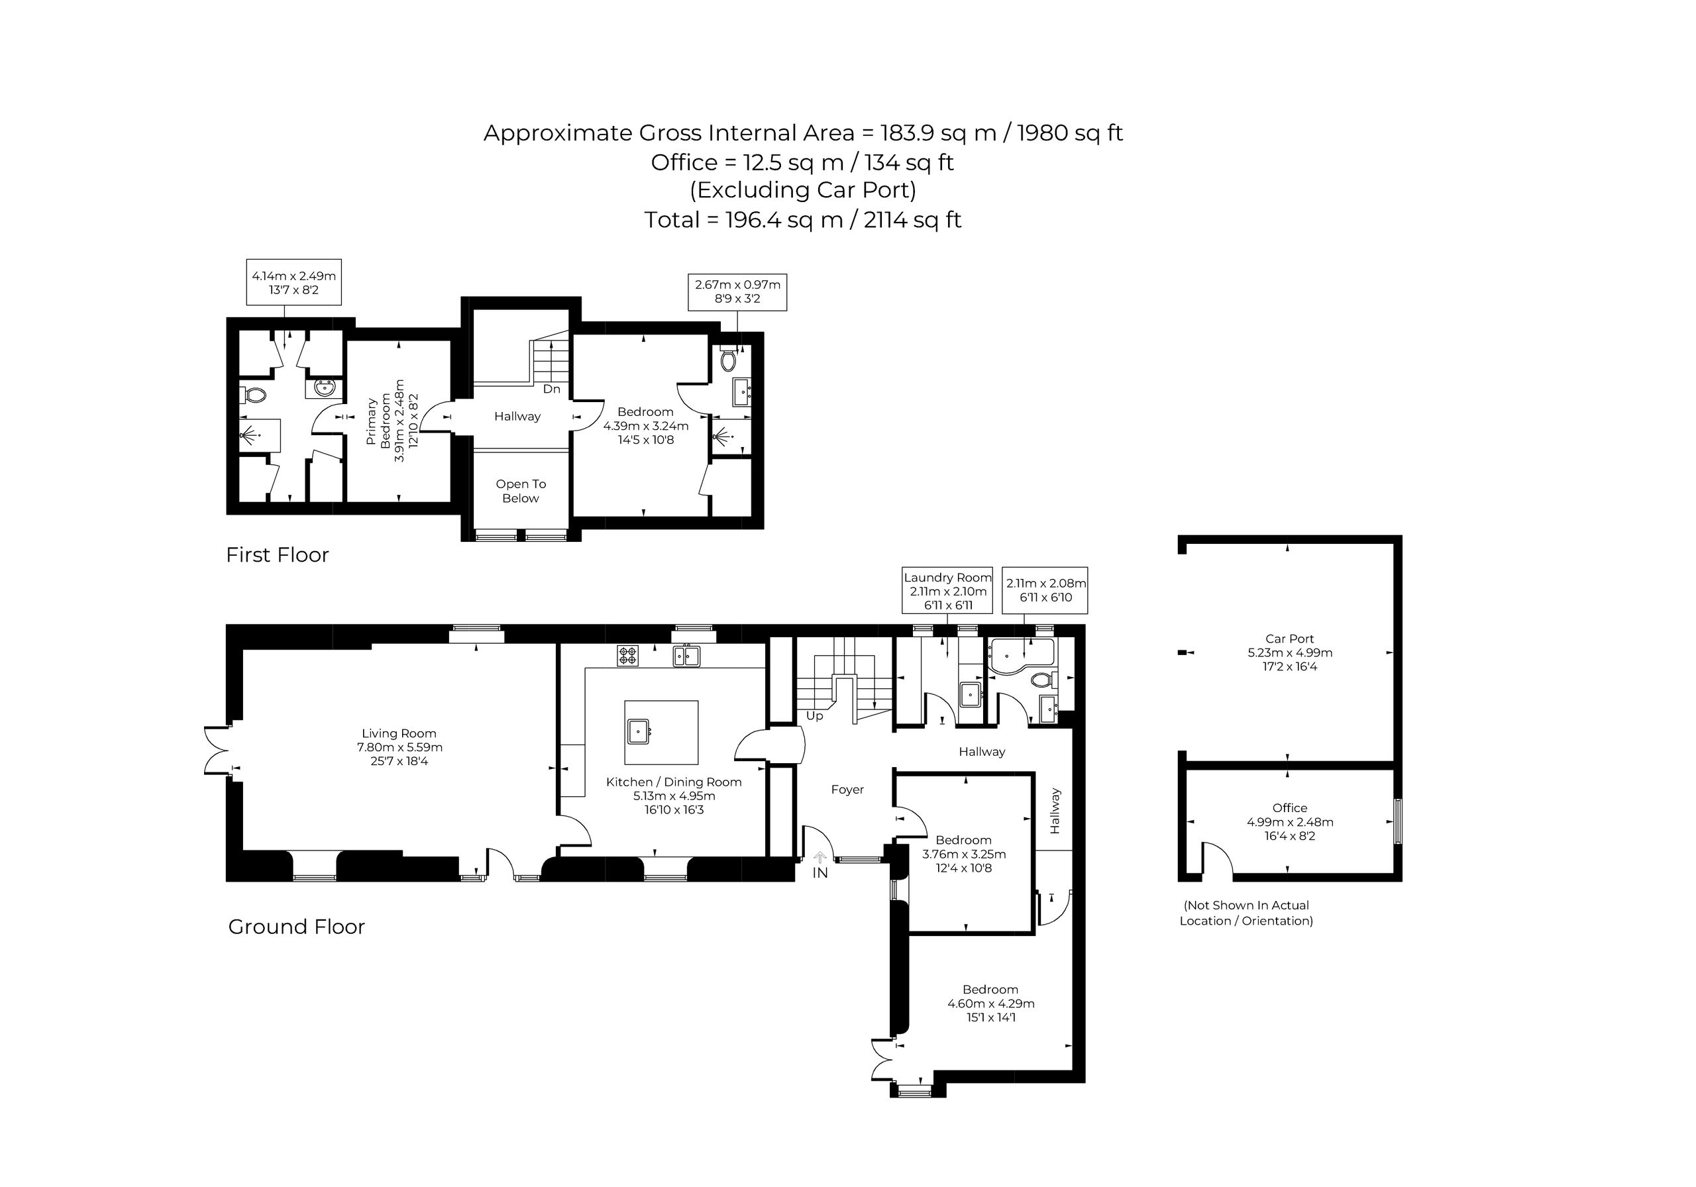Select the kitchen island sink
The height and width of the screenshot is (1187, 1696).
coord(639,731)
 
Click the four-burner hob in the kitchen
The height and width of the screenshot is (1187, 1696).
coord(628,656)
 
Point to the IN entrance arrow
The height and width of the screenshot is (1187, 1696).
coord(820,858)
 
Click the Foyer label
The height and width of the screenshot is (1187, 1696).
coord(847,790)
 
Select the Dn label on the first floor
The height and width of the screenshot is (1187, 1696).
coord(552,389)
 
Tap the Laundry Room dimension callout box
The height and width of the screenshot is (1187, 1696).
coord(948,590)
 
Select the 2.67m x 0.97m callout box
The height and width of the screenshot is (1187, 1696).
coord(737,291)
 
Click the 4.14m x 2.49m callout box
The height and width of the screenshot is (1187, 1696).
coord(293,282)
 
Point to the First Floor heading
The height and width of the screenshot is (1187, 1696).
coord(277,554)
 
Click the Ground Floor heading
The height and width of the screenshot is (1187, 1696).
coord(296,927)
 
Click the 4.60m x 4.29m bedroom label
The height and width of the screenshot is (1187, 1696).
coord(990,1003)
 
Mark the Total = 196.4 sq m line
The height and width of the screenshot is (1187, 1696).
coord(803,220)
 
